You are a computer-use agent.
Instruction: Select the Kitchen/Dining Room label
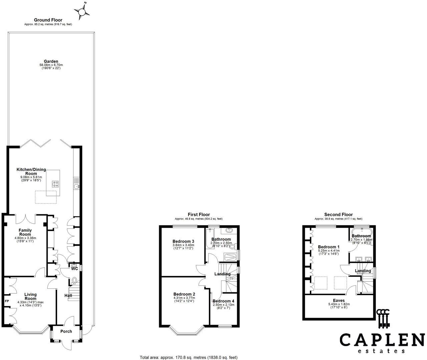[31, 171]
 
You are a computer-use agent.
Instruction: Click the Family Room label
[25, 232]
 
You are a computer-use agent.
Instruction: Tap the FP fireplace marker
[7, 301]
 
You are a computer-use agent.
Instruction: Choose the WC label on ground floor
[74, 269]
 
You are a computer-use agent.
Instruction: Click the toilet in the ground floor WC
[74, 280]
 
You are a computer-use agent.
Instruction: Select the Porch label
[66, 331]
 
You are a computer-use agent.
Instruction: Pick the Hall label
[68, 295]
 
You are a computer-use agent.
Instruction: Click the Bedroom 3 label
[183, 241]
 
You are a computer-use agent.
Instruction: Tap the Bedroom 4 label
[223, 301]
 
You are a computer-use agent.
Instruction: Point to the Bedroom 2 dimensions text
[184, 299]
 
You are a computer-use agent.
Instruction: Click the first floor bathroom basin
[229, 230]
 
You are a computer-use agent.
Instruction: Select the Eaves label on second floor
[339, 300]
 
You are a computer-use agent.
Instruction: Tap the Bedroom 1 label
[329, 247]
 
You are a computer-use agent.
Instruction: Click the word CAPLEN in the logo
[380, 340]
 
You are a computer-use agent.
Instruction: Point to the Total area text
[188, 357]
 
